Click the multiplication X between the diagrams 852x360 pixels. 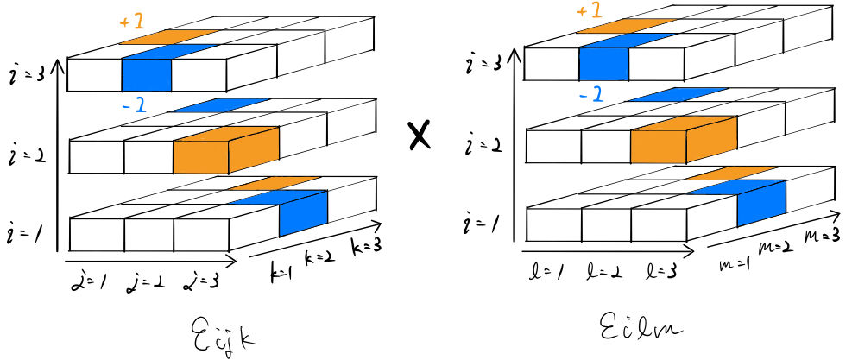click(420, 137)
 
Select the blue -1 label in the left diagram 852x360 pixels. click(136, 104)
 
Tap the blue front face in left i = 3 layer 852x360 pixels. click(146, 75)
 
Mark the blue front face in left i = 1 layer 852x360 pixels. click(304, 213)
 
